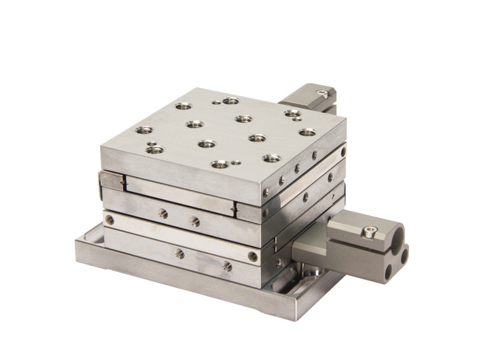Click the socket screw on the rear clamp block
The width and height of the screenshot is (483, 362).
(x=326, y=93)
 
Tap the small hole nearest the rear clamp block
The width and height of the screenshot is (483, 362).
(x=298, y=121)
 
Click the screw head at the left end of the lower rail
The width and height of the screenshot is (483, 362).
(x=109, y=218)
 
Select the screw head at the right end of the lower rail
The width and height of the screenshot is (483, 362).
(x=253, y=256)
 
